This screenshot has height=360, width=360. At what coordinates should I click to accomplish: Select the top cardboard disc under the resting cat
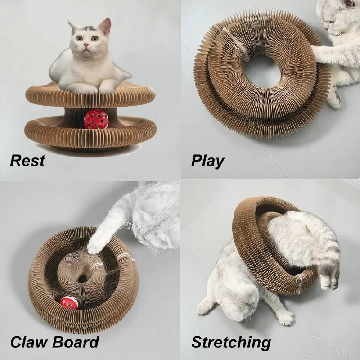tap(90, 97)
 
